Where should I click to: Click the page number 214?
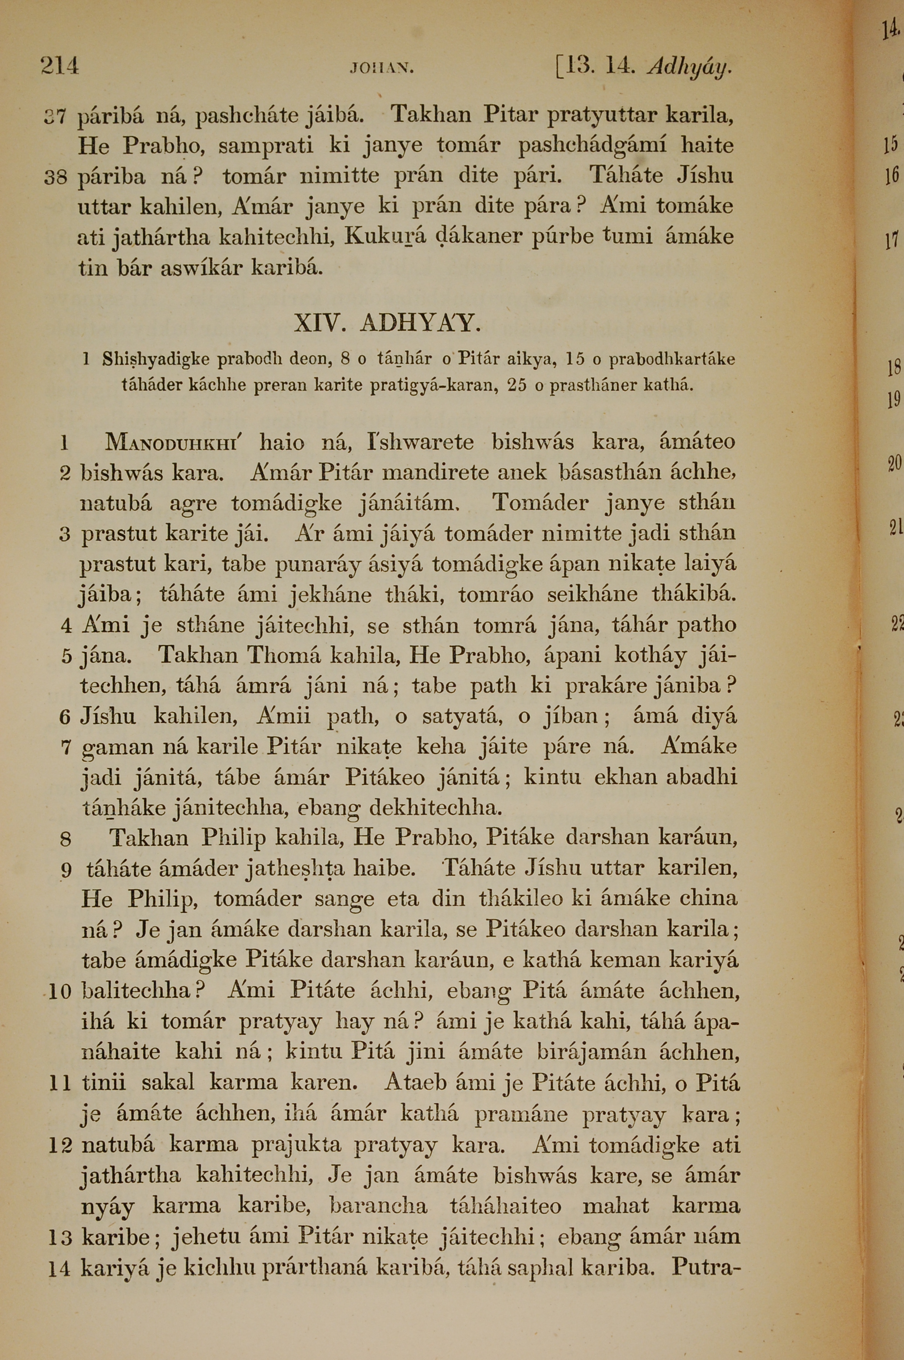point(59,66)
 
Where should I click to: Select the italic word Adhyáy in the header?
point(690,67)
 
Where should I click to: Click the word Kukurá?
point(385,236)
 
